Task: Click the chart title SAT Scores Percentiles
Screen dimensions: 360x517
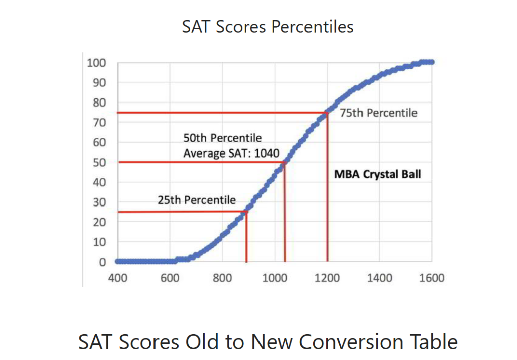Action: click(x=268, y=26)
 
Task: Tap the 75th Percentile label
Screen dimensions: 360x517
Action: click(x=379, y=113)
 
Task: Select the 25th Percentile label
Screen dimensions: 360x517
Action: click(x=196, y=200)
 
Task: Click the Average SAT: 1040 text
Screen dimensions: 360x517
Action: click(x=231, y=153)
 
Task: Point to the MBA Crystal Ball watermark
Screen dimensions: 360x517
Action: click(x=377, y=175)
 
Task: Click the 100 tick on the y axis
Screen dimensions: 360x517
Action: click(x=96, y=63)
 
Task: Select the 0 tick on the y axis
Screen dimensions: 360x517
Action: click(x=102, y=262)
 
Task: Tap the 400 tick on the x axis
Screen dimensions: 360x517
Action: click(x=118, y=278)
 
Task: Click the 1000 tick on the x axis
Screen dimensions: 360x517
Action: click(x=275, y=278)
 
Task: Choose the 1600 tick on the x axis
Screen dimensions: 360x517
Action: click(x=432, y=278)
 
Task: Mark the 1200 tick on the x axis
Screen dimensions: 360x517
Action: click(x=327, y=278)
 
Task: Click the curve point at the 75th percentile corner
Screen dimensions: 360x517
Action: click(x=327, y=113)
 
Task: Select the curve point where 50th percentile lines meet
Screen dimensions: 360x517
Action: click(x=284, y=162)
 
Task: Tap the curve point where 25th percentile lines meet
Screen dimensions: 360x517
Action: click(x=246, y=212)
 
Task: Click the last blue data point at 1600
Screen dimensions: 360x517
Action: click(x=431, y=62)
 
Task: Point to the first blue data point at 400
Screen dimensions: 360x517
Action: click(x=118, y=261)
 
